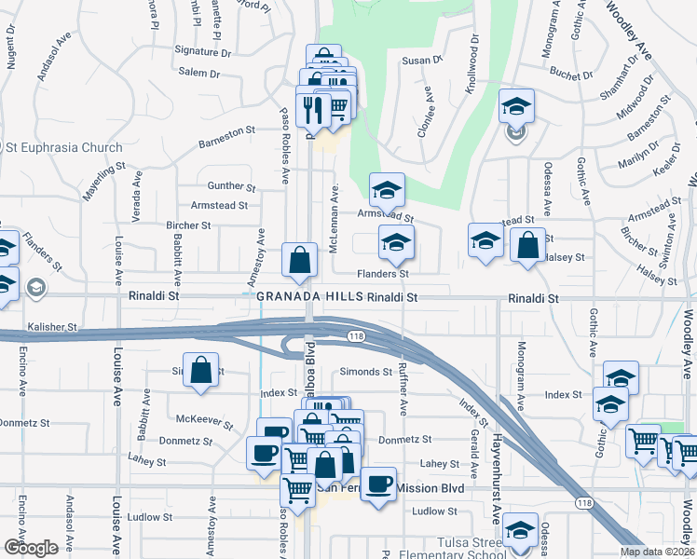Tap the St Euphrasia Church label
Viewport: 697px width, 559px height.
tap(62, 147)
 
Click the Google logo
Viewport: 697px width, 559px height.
tap(31, 547)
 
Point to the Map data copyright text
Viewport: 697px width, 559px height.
tap(657, 552)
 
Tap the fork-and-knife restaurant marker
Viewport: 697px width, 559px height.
tap(313, 107)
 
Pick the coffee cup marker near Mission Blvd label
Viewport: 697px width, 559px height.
tap(378, 484)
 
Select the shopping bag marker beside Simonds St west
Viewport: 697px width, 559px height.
tap(200, 371)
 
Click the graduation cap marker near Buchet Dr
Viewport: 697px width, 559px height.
tap(515, 107)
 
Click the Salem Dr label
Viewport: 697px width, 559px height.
tap(198, 73)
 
